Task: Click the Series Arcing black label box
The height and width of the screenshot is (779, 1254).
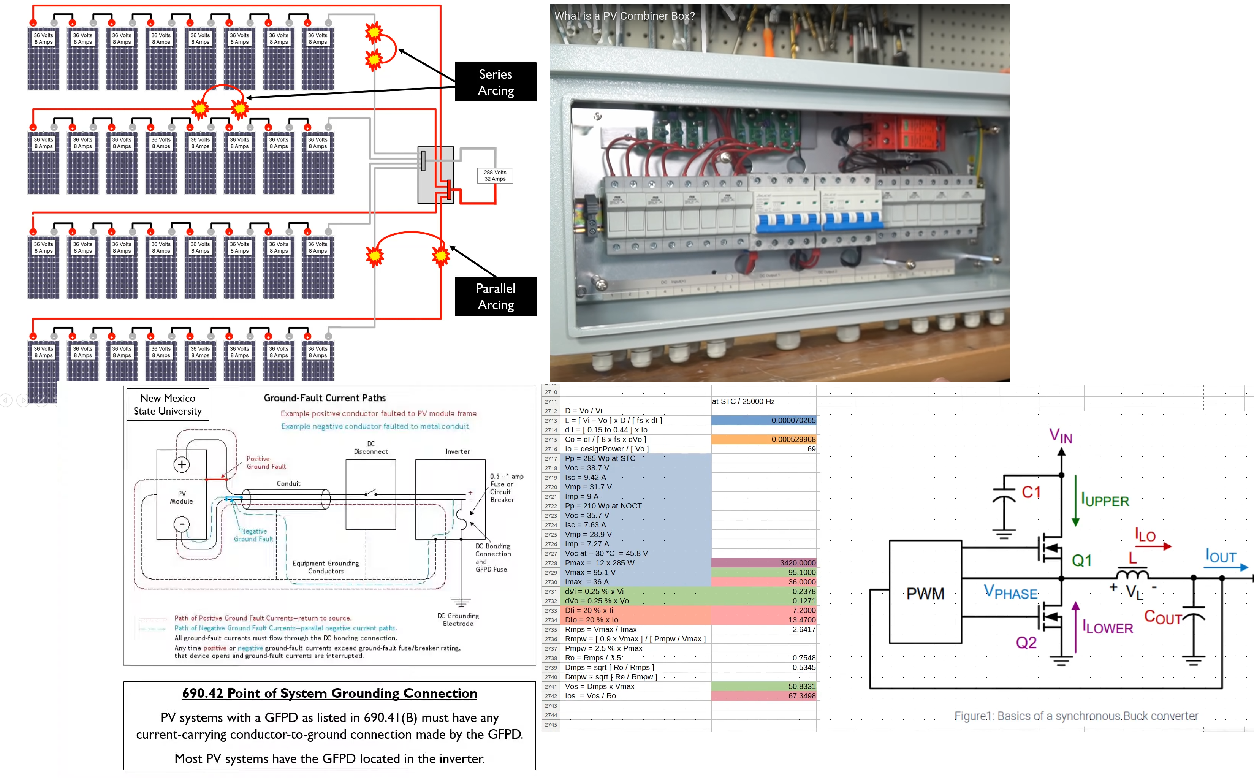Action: coord(495,82)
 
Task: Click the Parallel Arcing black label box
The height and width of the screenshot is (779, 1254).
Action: coord(495,296)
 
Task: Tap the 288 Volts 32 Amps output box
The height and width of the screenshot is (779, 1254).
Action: coord(495,176)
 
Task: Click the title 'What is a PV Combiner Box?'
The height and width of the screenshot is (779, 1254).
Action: coord(624,16)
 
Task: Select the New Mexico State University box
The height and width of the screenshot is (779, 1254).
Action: coord(168,404)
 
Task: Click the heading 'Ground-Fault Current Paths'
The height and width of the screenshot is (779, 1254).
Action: coord(325,398)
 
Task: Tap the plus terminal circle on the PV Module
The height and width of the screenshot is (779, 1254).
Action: coord(181,465)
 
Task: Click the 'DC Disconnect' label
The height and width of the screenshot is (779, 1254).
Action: coord(371,448)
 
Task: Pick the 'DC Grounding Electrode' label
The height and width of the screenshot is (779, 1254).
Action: coord(458,620)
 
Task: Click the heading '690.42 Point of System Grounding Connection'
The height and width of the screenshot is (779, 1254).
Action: coord(330,693)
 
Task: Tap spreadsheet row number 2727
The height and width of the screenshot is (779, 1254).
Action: coord(551,553)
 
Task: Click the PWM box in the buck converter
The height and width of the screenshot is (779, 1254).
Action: coord(925,592)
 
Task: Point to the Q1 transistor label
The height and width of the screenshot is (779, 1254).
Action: coord(1081,560)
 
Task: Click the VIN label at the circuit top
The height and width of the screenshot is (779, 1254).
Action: coord(1061,436)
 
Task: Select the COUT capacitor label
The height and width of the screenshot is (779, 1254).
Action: coord(1163,617)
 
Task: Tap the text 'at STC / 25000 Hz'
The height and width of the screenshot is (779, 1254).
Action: coord(743,401)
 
